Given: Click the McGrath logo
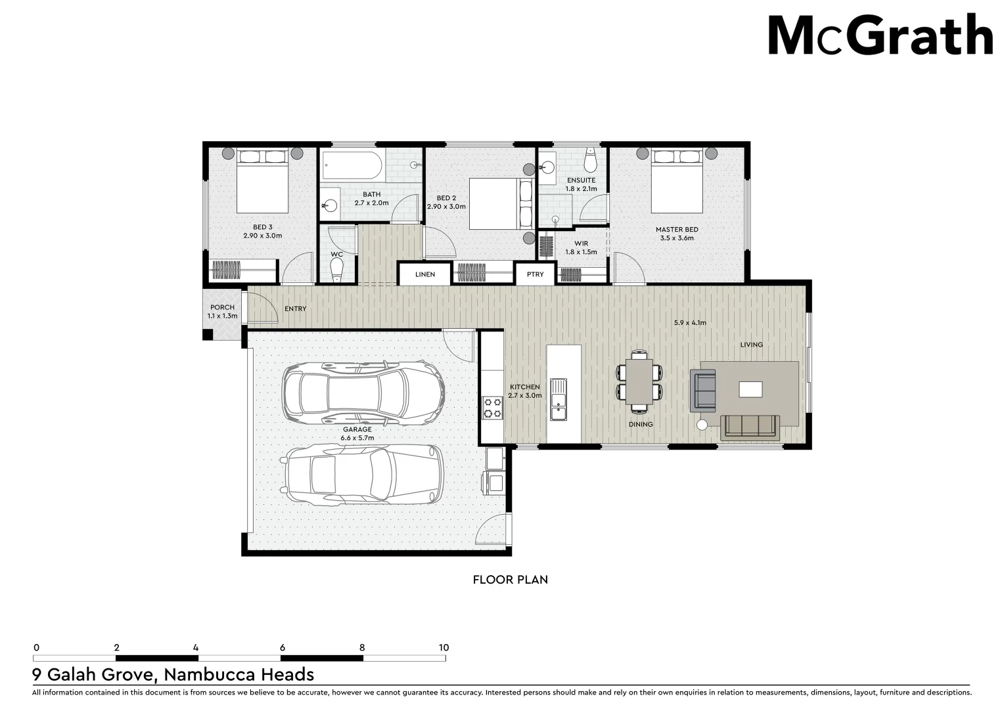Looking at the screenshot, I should pyautogui.click(x=880, y=36).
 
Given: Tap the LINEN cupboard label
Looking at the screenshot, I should pyautogui.click(x=425, y=274).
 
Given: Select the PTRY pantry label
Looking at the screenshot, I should pyautogui.click(x=536, y=274).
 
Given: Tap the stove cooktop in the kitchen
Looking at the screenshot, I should pyautogui.click(x=492, y=407).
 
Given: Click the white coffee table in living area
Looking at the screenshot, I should pyautogui.click(x=750, y=389).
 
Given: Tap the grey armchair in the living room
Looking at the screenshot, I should pyautogui.click(x=703, y=389).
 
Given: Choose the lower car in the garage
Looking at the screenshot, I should pyautogui.click(x=363, y=475).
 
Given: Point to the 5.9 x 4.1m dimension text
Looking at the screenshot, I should pyautogui.click(x=690, y=323).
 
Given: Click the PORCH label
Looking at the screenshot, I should pyautogui.click(x=222, y=307).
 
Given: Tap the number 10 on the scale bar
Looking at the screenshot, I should pyautogui.click(x=444, y=647).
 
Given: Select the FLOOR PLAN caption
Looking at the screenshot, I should pyautogui.click(x=510, y=580).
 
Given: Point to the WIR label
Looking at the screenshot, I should pyautogui.click(x=581, y=244).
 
